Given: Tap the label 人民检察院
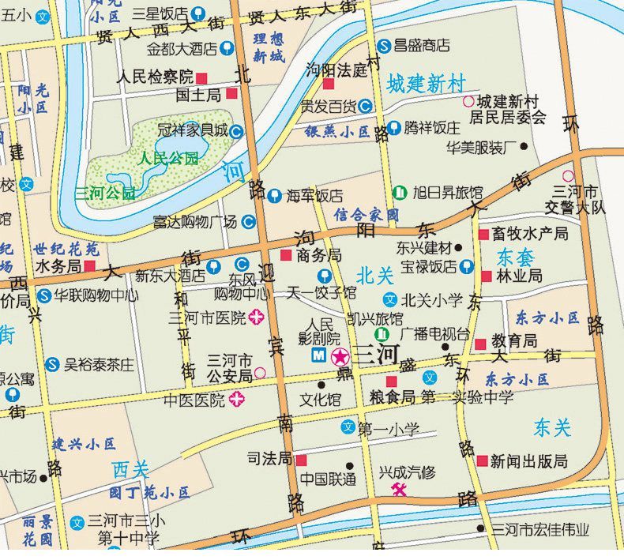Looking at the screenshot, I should (154, 77).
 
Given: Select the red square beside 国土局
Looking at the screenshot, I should (231, 95).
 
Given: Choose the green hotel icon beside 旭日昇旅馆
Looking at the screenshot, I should (400, 192).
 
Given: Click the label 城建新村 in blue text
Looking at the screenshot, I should (427, 84).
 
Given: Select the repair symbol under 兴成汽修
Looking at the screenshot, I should (400, 490).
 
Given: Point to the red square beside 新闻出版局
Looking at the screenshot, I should (481, 460).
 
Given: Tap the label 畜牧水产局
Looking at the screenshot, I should (529, 235).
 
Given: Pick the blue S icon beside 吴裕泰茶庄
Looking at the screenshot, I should (52, 364).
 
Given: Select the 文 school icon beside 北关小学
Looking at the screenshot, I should (389, 299).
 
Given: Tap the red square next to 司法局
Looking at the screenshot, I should (300, 459).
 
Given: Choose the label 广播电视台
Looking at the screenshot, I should (434, 334).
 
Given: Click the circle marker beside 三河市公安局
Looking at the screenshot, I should (260, 372).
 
